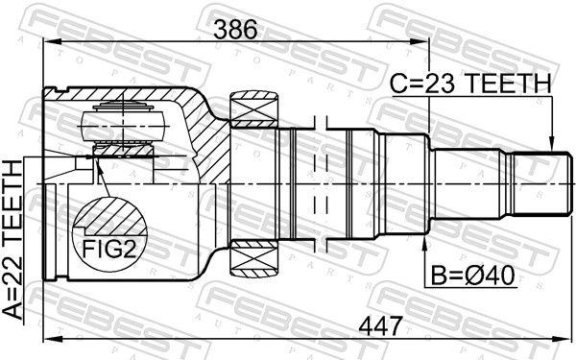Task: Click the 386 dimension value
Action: [235, 29]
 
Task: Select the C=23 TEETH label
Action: [470, 84]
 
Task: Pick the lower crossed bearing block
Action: [252, 257]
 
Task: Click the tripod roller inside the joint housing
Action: [120, 122]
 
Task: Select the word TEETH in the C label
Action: [512, 84]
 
